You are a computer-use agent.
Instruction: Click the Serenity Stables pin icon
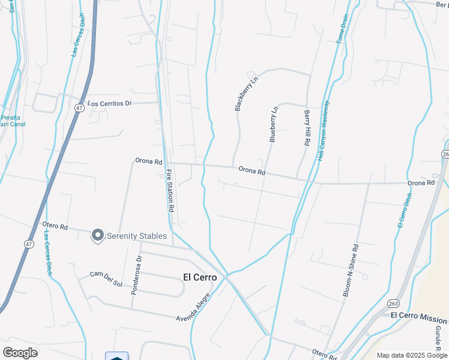[97, 236]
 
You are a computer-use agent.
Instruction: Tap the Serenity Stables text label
[136, 236]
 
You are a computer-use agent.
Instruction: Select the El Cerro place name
[199, 277]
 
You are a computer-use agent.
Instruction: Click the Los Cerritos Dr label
[109, 103]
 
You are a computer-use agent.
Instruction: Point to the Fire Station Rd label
[170, 191]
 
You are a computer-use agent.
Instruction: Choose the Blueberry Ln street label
[273, 124]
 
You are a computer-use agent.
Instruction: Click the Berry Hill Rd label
[307, 128]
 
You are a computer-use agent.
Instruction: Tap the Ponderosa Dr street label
[136, 275]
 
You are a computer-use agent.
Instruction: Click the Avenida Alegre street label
[193, 307]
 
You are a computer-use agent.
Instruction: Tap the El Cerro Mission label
[418, 319]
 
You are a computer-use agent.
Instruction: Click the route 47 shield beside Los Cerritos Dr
[79, 108]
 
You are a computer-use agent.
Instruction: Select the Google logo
[20, 353]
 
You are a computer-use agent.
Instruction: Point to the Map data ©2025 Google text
[412, 355]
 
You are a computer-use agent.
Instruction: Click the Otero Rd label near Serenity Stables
[55, 226]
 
